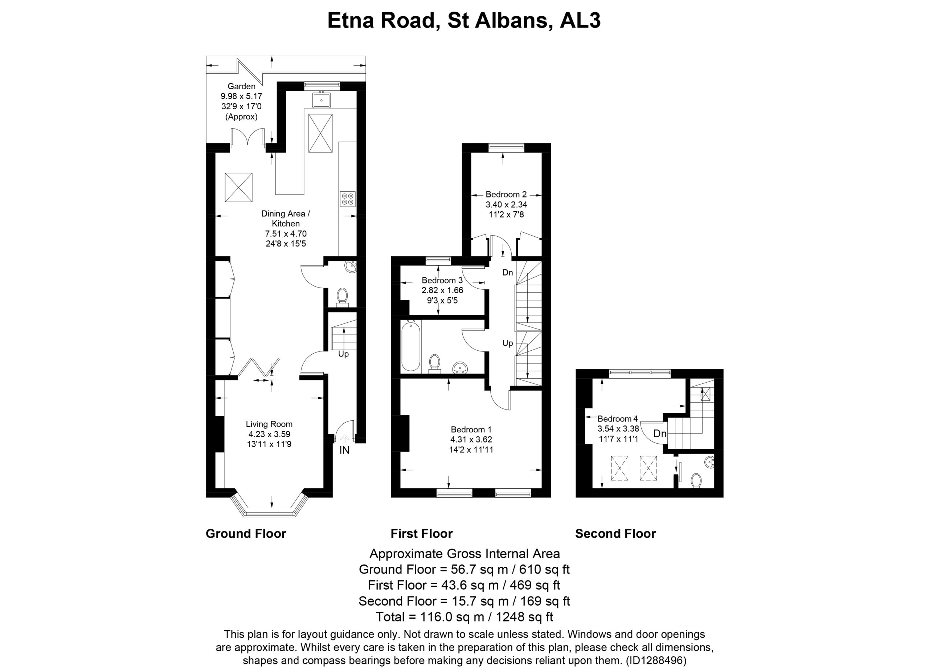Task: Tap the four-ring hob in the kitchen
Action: tap(348, 199)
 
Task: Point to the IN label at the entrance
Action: tap(344, 450)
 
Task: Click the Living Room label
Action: tap(269, 424)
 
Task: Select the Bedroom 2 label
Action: tap(506, 195)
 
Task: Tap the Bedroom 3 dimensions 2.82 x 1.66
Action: tap(442, 290)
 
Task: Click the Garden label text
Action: tap(241, 86)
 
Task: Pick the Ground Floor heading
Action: tap(246, 534)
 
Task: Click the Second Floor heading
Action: tap(616, 534)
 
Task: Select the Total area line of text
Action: tap(464, 617)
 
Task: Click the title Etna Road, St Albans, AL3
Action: tap(464, 20)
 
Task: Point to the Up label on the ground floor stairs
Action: tap(343, 354)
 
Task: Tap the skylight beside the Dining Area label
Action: tap(238, 187)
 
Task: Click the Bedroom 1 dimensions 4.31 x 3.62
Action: tap(471, 439)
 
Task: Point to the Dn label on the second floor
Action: tap(659, 433)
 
